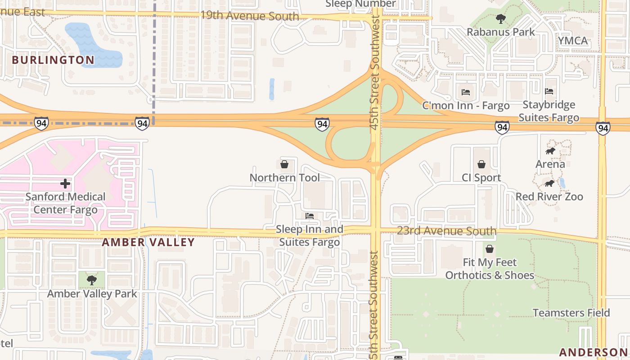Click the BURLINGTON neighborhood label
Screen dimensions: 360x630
[53, 60]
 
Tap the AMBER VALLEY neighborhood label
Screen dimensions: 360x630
[148, 242]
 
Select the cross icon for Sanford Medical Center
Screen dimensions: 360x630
[65, 184]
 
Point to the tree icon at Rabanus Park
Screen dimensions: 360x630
[500, 19]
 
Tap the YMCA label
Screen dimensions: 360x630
[573, 40]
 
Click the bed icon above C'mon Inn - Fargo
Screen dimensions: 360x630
[466, 92]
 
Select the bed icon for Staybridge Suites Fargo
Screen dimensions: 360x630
[549, 91]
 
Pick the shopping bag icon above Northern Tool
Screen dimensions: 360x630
[284, 164]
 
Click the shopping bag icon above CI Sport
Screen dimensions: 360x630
[481, 164]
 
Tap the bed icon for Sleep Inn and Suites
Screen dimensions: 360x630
[310, 216]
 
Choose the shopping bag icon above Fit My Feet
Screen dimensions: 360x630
[490, 249]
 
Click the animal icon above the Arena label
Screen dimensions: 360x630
[550, 151]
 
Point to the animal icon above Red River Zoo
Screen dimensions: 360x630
[549, 183]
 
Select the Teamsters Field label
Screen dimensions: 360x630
[571, 313]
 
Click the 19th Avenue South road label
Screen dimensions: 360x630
[249, 16]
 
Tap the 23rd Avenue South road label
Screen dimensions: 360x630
[446, 231]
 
